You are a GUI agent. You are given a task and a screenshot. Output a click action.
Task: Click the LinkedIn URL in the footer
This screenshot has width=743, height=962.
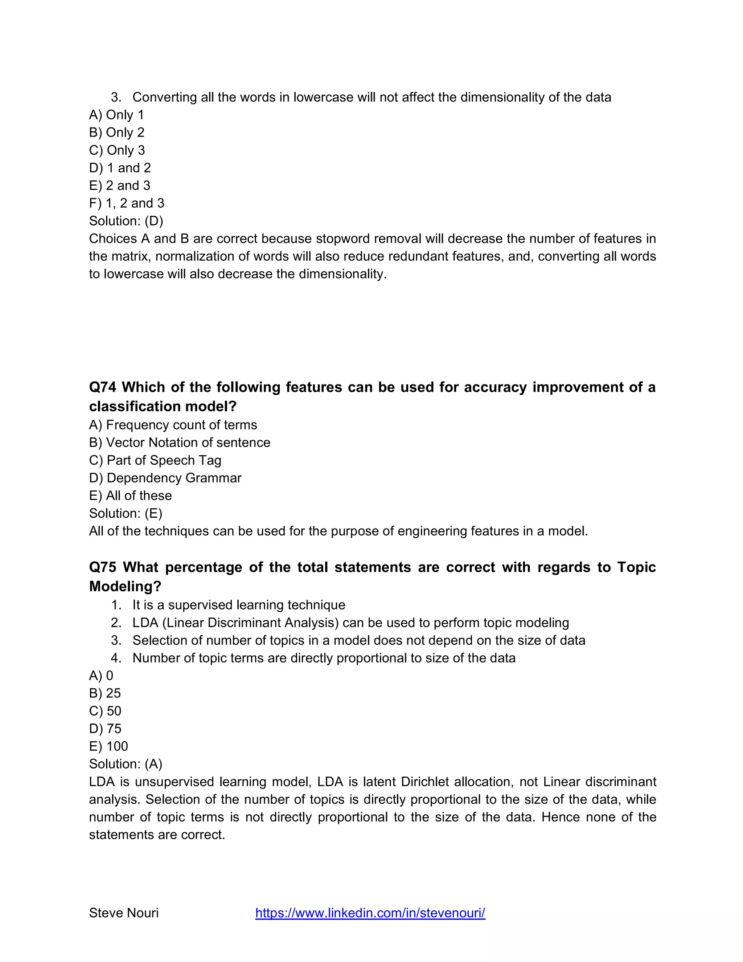pyautogui.click(x=370, y=913)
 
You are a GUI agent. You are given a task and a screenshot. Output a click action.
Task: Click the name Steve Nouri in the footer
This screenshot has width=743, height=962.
pyautogui.click(x=124, y=913)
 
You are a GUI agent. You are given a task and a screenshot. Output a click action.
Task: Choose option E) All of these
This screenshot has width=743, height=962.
pyautogui.click(x=130, y=496)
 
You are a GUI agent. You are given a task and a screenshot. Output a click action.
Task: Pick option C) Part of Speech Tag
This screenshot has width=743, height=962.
pyautogui.click(x=155, y=460)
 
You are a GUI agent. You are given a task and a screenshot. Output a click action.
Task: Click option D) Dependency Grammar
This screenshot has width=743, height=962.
pyautogui.click(x=165, y=478)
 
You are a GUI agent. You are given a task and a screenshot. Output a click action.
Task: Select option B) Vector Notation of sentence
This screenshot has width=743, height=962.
pyautogui.click(x=180, y=443)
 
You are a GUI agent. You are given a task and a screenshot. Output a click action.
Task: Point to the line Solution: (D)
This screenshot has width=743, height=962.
pyautogui.click(x=126, y=221)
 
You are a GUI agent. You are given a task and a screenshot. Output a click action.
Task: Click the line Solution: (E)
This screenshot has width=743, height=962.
pyautogui.click(x=126, y=513)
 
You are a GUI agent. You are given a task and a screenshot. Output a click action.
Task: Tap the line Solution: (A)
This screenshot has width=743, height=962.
pyautogui.click(x=126, y=764)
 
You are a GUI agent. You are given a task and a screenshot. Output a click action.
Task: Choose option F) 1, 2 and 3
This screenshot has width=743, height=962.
pyautogui.click(x=126, y=203)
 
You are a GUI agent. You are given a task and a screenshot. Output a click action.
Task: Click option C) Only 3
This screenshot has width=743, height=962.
pyautogui.click(x=117, y=150)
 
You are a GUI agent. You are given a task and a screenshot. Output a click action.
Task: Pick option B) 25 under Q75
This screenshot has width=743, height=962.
pyautogui.click(x=105, y=693)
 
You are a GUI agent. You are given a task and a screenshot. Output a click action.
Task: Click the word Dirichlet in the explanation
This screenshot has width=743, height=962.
pyautogui.click(x=425, y=782)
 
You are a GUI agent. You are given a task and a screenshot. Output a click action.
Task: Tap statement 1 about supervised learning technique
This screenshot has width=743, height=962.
pyautogui.click(x=239, y=605)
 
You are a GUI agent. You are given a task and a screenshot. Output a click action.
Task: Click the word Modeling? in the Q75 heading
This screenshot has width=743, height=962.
pyautogui.click(x=125, y=587)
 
